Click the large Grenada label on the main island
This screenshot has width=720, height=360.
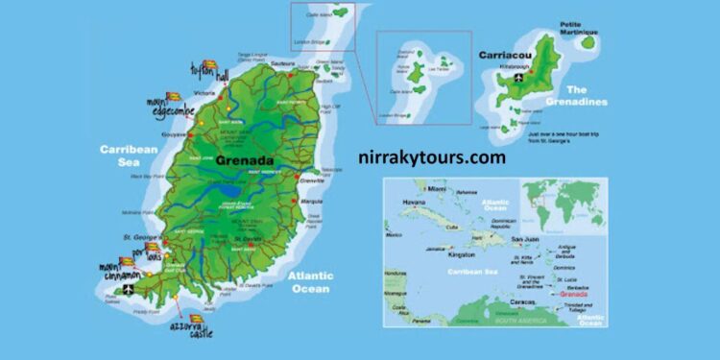pos(246,160)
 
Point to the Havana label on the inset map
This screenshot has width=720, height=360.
pos(412,203)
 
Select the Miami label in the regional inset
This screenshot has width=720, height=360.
pos(439,188)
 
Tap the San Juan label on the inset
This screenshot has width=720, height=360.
pos(524,237)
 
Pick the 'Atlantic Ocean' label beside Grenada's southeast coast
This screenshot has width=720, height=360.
pos(309,281)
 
